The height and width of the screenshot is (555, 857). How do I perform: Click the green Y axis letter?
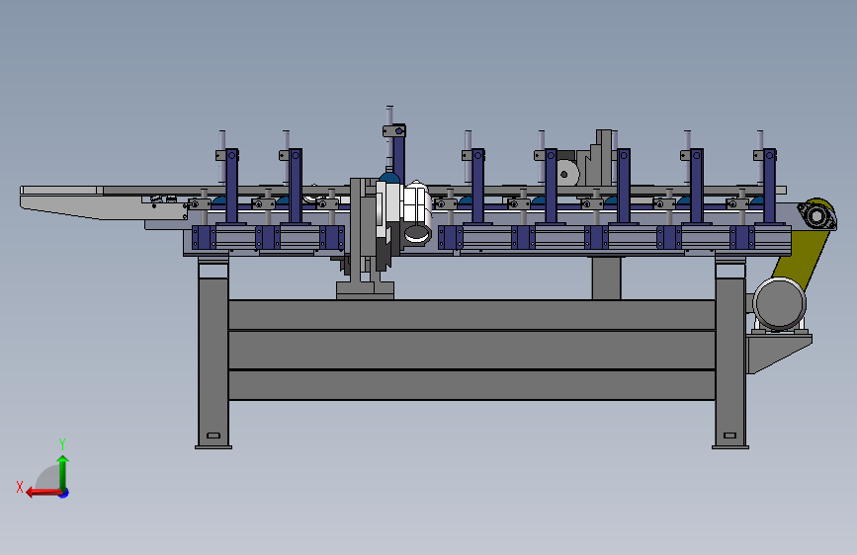coord(62,443)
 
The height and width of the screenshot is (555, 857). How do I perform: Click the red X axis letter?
coord(20,487)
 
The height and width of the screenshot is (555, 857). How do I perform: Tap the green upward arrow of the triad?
coord(63,472)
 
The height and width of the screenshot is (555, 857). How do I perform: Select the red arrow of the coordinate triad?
coord(44,493)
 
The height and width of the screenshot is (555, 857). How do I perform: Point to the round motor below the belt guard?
coord(779,304)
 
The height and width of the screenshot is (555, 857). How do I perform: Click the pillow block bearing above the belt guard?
coord(816,215)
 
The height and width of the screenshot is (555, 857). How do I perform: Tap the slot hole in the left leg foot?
coord(214,436)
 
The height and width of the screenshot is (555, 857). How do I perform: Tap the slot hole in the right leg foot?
coord(729,436)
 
